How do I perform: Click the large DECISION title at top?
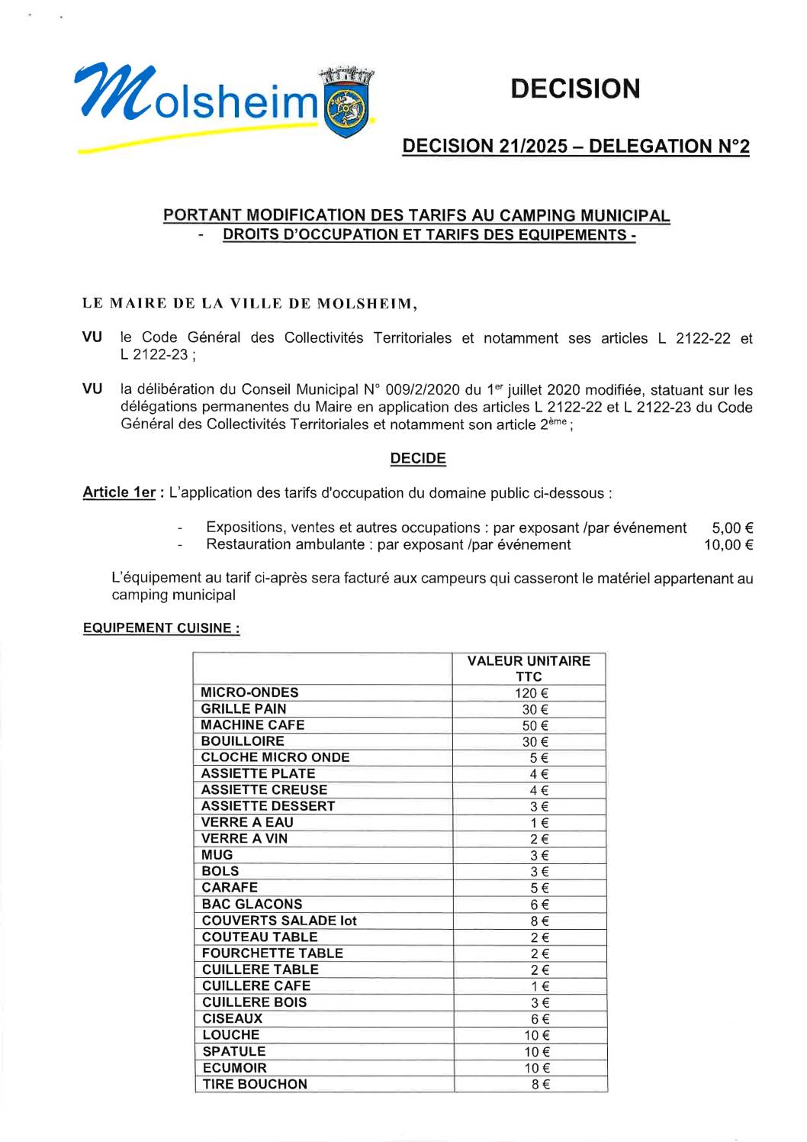575,89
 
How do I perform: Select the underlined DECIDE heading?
418,458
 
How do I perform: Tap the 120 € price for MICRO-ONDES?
531,693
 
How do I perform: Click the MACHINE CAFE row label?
252,725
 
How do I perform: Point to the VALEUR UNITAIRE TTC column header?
529,669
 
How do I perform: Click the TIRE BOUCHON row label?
255,1084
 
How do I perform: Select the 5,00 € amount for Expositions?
732,527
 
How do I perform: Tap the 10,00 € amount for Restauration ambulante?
728,544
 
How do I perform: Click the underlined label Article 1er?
119,492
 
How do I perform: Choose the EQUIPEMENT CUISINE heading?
161,628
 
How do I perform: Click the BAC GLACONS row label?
252,904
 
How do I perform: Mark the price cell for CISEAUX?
540,1019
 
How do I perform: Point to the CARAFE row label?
230,888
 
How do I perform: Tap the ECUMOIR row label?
235,1068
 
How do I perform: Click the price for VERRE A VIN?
539,839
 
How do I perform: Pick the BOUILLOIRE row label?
243,741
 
